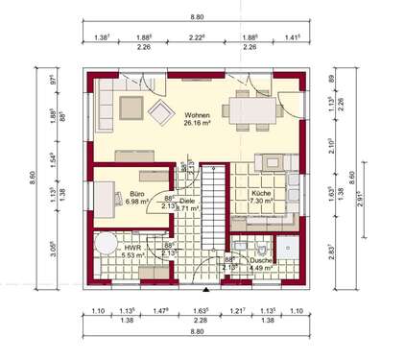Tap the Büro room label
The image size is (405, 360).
[x=137, y=194]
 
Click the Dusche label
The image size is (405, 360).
[x=263, y=260]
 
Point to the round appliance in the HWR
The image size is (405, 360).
[x=107, y=239]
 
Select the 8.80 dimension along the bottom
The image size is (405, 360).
[x=200, y=331]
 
